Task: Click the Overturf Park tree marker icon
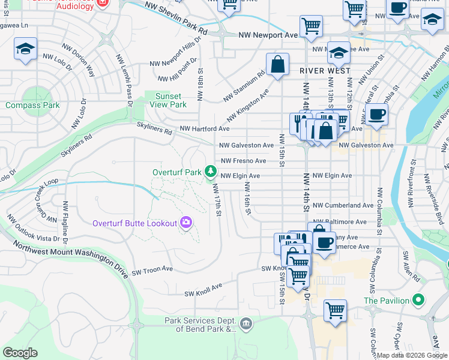coord(210,172)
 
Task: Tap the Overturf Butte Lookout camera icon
coord(186,223)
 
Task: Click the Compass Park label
coord(32,105)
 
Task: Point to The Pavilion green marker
coord(420,300)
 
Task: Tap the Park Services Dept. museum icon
coord(246,325)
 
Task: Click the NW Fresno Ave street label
coord(243,161)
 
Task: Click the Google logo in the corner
coord(20,353)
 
